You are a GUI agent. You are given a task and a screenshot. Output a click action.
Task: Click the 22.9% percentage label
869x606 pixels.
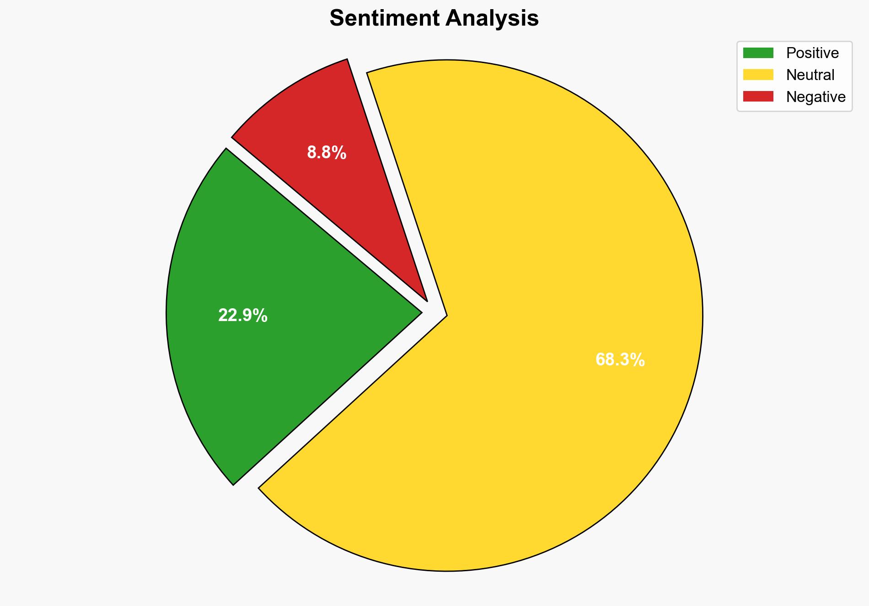tap(242, 316)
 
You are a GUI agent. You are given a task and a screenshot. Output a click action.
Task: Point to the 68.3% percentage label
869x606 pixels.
tap(620, 360)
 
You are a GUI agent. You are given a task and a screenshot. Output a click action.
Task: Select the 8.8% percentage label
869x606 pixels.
tap(327, 152)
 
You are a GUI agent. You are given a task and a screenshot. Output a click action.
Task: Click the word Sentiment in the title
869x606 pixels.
tap(384, 18)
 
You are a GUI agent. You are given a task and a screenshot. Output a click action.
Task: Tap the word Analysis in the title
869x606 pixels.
tap(493, 18)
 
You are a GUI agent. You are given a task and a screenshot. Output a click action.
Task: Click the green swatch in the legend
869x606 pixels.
tap(758, 53)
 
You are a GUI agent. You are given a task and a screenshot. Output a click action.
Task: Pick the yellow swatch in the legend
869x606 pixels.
tap(758, 75)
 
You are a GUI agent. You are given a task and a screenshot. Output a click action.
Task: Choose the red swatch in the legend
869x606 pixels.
tap(758, 97)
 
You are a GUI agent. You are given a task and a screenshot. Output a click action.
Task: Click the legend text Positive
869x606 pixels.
tap(812, 53)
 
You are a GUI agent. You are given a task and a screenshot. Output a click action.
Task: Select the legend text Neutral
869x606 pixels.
tap(810, 75)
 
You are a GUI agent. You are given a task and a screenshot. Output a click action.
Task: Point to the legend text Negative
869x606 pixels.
tap(815, 97)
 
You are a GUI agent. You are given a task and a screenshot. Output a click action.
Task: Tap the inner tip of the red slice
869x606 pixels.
tap(426, 300)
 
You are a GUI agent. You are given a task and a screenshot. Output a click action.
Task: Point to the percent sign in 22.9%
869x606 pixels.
tap(261, 316)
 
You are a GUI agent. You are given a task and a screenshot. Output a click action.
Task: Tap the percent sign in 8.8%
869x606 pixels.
tap(339, 152)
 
